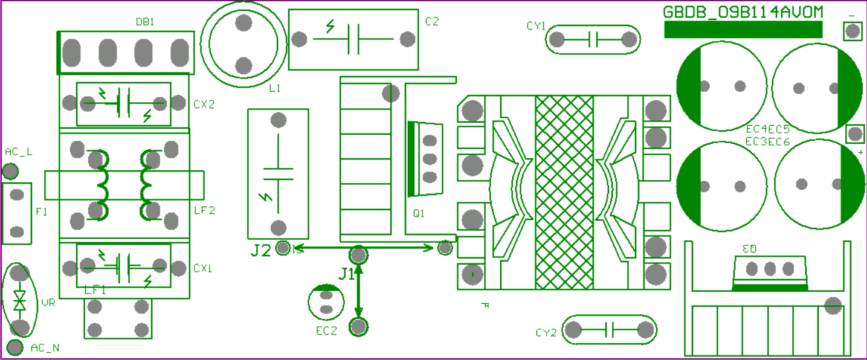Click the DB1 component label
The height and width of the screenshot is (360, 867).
click(x=145, y=22)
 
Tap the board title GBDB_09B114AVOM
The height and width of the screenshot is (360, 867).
click(x=743, y=12)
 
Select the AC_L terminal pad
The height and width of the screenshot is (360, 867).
click(x=10, y=172)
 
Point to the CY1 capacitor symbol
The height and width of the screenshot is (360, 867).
click(x=593, y=40)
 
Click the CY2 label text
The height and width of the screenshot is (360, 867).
click(x=546, y=333)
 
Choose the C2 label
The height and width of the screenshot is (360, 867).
click(x=432, y=22)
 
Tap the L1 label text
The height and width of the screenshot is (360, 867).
click(x=275, y=88)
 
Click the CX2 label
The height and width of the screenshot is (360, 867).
click(x=204, y=104)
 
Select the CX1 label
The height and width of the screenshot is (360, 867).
click(x=203, y=268)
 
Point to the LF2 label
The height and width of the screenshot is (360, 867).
click(x=204, y=210)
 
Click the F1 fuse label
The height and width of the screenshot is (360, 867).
click(x=41, y=212)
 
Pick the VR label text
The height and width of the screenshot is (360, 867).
click(x=48, y=303)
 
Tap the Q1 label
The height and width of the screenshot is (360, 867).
click(x=419, y=213)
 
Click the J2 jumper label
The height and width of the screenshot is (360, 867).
click(x=261, y=251)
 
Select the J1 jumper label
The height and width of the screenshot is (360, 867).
click(x=346, y=275)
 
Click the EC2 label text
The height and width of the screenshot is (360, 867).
click(x=326, y=331)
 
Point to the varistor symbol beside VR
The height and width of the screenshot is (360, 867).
click(x=20, y=300)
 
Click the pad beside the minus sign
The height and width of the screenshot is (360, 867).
click(x=852, y=31)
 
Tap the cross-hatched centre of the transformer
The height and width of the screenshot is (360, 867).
click(x=564, y=191)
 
